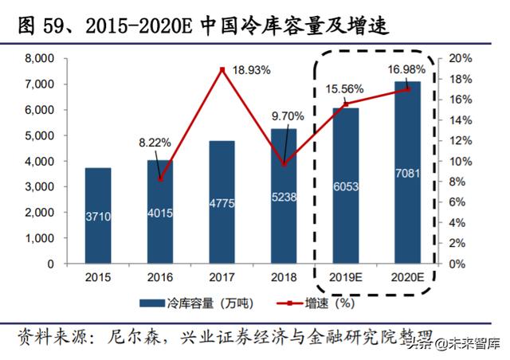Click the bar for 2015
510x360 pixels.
pyautogui.click(x=98, y=215)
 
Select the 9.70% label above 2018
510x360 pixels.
pyautogui.click(x=288, y=115)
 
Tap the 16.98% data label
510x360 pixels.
pyautogui.click(x=406, y=69)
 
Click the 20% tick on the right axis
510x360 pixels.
pyautogui.click(x=462, y=59)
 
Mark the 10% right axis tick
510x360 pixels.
pyautogui.click(x=462, y=161)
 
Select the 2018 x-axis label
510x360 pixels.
pyautogui.click(x=284, y=278)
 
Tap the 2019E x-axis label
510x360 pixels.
pyautogui.click(x=345, y=278)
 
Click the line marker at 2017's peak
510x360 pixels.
pyautogui.click(x=222, y=70)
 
